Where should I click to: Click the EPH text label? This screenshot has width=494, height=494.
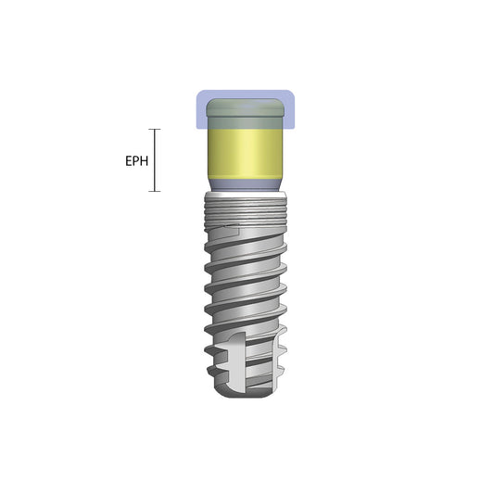(x=136, y=161)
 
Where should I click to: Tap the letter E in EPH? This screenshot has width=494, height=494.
(x=128, y=161)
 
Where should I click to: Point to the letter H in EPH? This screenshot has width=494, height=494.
(x=145, y=161)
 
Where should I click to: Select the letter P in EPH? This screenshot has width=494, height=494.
(x=136, y=161)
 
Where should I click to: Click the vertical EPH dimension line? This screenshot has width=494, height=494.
(x=156, y=160)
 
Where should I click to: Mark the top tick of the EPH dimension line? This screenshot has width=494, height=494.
(x=156, y=129)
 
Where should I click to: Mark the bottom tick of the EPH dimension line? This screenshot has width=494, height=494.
(x=156, y=192)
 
